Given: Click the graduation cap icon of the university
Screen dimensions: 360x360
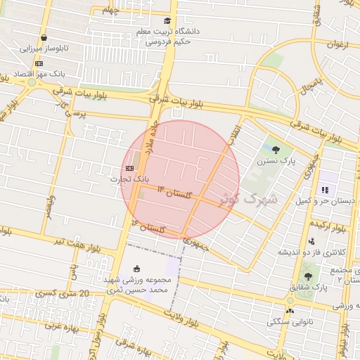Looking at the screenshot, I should pos(167,20).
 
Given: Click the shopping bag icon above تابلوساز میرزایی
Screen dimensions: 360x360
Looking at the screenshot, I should pos(44,38).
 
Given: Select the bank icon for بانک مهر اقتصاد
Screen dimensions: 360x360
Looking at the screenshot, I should pos(37,63).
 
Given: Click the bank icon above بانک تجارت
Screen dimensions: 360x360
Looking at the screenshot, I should pos(129,168).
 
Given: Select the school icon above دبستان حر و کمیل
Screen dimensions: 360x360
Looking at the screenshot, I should pos(324,190).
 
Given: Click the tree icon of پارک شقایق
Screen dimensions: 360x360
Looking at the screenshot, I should pos(307,276).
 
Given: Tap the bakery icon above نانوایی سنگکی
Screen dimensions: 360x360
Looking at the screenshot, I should pos(290,311).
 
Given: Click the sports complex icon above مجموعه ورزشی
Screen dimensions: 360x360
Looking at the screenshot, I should pos(136,268).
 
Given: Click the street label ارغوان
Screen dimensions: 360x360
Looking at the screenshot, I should pos(337,44).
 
